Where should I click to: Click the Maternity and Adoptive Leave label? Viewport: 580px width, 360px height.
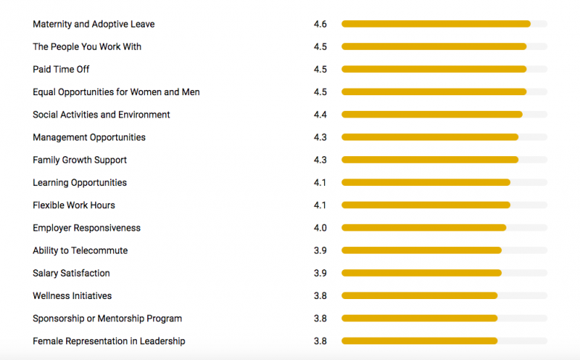pos(94,24)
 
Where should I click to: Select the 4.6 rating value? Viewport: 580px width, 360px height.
pos(320,24)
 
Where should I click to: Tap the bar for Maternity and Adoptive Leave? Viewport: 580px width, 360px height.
pos(436,24)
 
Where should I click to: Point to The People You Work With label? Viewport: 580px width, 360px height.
pos(87,47)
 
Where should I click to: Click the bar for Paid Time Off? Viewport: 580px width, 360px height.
pos(434,69)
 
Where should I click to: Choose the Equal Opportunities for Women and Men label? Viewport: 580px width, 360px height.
pos(116,92)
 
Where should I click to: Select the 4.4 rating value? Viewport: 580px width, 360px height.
pos(320,115)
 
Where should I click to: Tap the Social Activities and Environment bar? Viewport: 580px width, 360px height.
pos(431,115)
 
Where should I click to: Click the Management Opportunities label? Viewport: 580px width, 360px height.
pos(89,138)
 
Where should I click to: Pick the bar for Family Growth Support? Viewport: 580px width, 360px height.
pos(430,160)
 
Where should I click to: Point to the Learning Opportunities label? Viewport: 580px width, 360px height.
pos(80,183)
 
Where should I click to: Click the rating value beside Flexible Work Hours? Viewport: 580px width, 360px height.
pos(320,205)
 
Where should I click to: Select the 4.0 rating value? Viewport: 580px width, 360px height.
pos(320,228)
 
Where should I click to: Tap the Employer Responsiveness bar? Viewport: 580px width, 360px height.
pos(424,228)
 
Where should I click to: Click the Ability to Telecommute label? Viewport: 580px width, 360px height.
pos(80,251)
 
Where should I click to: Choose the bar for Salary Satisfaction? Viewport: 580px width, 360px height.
pos(422,273)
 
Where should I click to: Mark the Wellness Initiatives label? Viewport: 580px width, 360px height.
pos(72,296)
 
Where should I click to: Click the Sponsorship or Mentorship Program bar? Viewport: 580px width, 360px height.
pos(419,318)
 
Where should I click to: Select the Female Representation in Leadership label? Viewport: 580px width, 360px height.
pos(109,341)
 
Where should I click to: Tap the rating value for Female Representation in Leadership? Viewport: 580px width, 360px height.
pos(320,341)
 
